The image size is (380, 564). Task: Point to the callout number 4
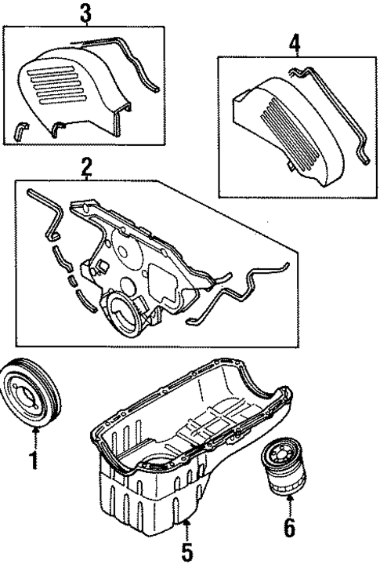click(295, 43)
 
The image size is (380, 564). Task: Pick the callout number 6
click(289, 529)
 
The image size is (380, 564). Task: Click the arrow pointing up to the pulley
click(34, 436)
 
